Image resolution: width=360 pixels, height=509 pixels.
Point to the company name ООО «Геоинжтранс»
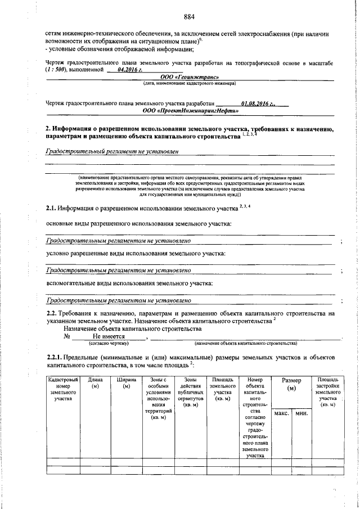point(189,77)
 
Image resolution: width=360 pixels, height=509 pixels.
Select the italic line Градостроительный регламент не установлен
point(114,152)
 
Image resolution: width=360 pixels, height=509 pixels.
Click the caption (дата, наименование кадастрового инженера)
point(189,84)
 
